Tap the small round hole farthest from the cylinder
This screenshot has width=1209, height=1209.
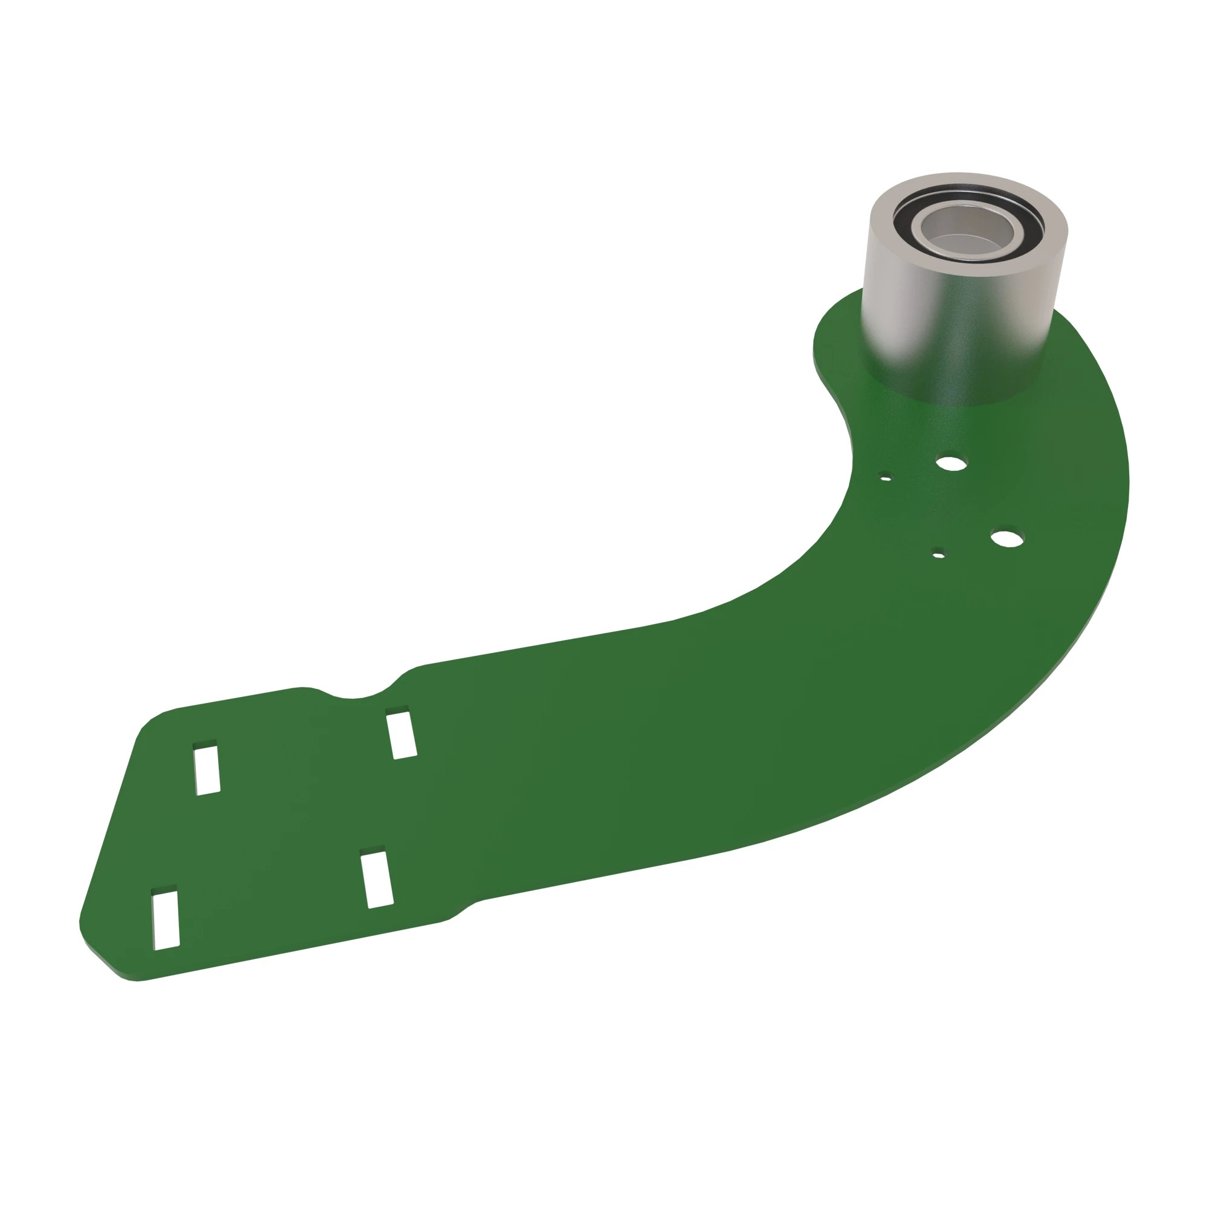click(938, 554)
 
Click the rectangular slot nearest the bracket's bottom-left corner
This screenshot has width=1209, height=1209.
click(166, 920)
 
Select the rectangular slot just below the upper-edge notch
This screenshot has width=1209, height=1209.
click(401, 734)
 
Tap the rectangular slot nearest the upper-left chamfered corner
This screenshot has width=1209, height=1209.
click(207, 769)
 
